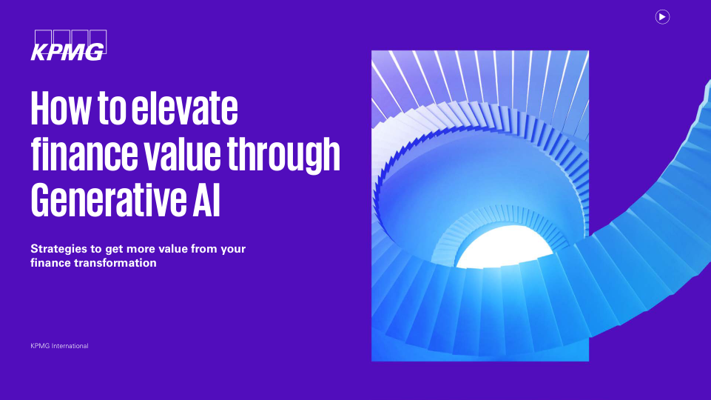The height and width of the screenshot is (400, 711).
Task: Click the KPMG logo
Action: [x=69, y=45]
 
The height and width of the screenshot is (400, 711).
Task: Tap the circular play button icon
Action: [x=662, y=17]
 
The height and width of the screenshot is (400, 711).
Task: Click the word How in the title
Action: [x=61, y=108]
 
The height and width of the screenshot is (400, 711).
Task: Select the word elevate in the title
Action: [x=184, y=108]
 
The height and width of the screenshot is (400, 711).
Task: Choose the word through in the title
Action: [x=283, y=156]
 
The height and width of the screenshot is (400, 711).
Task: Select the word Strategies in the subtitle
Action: [x=58, y=250]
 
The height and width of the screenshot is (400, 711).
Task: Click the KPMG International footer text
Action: [x=59, y=346]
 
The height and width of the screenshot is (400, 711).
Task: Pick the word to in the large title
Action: [x=112, y=109]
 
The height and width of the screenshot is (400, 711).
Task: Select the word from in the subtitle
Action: [x=204, y=249]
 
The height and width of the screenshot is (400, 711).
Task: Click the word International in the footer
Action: [x=70, y=346]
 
